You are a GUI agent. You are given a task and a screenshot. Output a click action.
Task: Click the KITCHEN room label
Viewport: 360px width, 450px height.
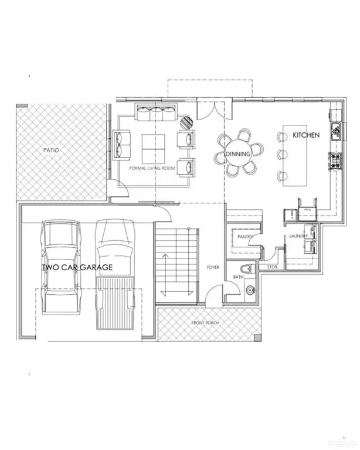(306, 135)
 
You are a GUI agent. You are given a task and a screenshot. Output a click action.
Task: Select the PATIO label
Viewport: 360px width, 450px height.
(51, 151)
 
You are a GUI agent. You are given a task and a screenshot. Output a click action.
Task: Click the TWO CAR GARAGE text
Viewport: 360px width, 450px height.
(77, 267)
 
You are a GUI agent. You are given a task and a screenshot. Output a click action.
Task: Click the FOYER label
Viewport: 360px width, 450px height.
(212, 267)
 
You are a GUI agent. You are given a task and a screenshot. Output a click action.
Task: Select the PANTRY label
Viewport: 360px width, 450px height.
(245, 237)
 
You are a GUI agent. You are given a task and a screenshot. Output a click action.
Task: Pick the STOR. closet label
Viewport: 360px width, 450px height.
(273, 267)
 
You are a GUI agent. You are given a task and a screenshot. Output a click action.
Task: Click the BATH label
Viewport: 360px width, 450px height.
(237, 277)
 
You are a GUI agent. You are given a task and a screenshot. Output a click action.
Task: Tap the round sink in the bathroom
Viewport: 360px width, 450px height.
(251, 289)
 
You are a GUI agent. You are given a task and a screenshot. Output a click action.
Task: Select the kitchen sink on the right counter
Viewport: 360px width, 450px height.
(338, 132)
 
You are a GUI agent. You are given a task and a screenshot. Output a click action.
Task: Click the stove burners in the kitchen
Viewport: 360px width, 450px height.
(337, 161)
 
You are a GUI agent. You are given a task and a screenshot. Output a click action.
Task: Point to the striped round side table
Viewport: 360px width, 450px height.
(186, 122)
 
